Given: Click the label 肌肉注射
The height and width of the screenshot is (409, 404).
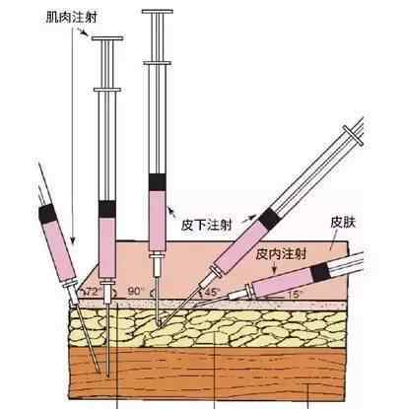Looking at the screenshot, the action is (71, 17).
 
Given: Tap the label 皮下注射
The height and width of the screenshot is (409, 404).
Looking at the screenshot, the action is (207, 225).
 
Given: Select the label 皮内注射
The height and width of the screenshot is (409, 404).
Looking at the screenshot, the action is (281, 254).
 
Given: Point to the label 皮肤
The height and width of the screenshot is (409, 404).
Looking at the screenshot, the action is (343, 223).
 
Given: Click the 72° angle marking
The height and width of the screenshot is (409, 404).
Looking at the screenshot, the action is (93, 292).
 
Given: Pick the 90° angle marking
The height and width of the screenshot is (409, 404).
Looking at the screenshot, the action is (136, 291).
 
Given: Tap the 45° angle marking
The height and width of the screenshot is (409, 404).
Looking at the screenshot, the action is (211, 292).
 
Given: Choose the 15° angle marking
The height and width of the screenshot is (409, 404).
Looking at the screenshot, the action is (294, 294).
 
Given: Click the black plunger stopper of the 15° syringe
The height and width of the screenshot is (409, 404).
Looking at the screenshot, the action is (320, 272).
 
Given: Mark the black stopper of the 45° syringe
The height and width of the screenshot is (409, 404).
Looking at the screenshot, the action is (269, 218).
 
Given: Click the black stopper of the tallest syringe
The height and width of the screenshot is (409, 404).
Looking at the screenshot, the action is (158, 182).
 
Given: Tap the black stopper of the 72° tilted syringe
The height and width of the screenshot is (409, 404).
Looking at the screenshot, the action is (46, 214).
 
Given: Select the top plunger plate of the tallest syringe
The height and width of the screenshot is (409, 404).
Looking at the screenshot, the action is (158, 12).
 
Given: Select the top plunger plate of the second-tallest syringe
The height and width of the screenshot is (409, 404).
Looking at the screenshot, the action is (107, 38).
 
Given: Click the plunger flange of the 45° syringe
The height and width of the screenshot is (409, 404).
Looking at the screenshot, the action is (354, 135).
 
